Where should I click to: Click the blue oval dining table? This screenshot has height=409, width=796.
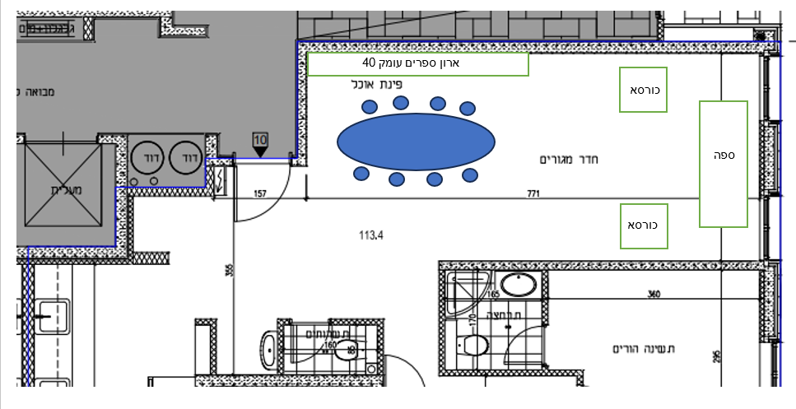tap(416, 142)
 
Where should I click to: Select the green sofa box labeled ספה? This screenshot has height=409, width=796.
tap(724, 164)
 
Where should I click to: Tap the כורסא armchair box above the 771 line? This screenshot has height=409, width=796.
tap(643, 89)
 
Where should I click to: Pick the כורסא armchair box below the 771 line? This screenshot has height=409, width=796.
tap(643, 225)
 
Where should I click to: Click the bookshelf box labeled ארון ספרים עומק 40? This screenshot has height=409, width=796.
tap(417, 63)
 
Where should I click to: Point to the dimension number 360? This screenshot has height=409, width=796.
tap(654, 294)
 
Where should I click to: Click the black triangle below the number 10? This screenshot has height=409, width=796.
tap(260, 151)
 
